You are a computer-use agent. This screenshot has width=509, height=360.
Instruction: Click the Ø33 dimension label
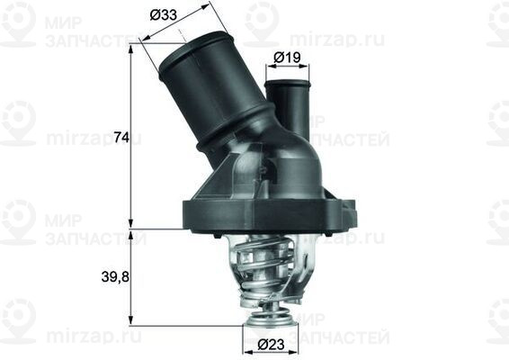(x=163, y=15)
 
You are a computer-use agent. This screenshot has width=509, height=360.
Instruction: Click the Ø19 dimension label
(x=287, y=58)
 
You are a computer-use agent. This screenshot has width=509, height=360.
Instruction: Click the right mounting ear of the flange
(x=345, y=216)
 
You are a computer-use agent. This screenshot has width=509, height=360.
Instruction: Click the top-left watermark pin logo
(x=19, y=22)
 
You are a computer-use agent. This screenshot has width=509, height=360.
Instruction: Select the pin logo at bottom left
(x=19, y=319)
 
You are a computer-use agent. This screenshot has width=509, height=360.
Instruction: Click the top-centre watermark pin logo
(x=262, y=22)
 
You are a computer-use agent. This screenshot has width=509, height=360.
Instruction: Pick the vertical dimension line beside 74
(x=132, y=135)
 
